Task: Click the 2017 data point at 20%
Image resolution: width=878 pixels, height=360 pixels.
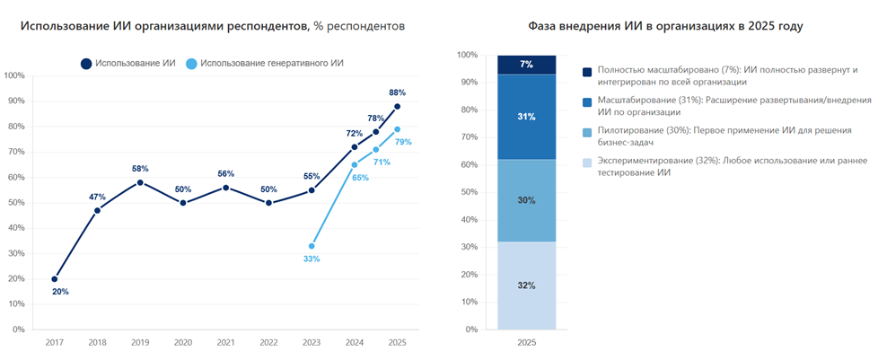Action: click(x=54, y=278)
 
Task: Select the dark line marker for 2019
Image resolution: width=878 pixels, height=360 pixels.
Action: click(x=140, y=182)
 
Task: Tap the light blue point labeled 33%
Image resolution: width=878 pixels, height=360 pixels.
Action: click(x=312, y=246)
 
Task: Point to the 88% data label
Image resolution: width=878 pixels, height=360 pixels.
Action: click(x=397, y=92)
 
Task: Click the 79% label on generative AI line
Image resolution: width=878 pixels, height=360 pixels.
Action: click(x=403, y=142)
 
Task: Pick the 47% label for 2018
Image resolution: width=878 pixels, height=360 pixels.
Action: click(x=97, y=196)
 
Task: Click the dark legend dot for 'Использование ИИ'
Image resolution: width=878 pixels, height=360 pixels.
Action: click(x=86, y=64)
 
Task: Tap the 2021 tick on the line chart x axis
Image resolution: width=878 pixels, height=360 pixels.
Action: click(x=225, y=342)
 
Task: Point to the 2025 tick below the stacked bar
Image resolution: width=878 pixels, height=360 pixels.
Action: click(x=526, y=342)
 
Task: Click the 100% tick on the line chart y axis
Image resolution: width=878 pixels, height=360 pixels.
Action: click(x=15, y=75)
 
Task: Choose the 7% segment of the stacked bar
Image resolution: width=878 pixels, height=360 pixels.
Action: click(x=526, y=65)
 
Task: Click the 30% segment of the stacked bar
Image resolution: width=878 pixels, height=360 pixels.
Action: click(x=526, y=200)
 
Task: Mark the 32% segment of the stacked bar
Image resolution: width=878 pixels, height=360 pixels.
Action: click(x=526, y=285)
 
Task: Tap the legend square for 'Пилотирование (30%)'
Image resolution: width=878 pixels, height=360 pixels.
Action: click(x=587, y=133)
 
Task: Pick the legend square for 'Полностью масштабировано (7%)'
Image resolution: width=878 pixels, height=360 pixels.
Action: click(x=587, y=72)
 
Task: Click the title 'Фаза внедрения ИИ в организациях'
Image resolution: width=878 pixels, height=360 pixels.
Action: click(x=674, y=26)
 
